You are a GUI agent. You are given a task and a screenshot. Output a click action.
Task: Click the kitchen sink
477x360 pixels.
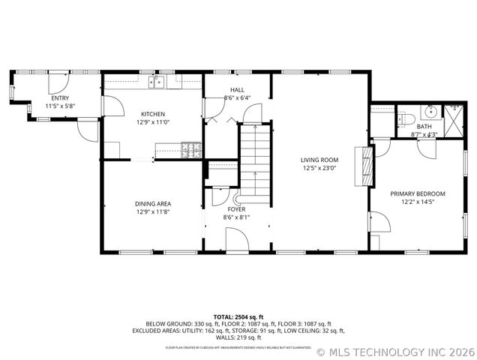tap(157, 82)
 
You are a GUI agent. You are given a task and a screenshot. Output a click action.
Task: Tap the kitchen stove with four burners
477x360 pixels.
tap(193, 148)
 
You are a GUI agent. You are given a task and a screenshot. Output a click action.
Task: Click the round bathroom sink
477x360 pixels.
tap(429, 113)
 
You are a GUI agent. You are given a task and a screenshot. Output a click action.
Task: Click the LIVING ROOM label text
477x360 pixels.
tap(319, 160)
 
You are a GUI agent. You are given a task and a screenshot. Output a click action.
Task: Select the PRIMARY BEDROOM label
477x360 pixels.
tap(417, 193)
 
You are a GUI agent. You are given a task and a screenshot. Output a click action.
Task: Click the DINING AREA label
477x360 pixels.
tap(153, 203)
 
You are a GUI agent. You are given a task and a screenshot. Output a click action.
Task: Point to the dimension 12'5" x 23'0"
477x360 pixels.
tap(319, 168)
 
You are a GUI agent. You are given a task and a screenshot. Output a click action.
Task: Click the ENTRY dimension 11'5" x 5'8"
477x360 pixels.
tap(59, 106)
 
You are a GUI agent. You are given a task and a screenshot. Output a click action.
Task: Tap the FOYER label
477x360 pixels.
tap(236, 209)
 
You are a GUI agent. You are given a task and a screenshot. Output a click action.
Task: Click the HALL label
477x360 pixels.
tap(236, 90)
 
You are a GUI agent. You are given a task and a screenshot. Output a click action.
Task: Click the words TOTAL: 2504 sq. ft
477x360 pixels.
tap(238, 316)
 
